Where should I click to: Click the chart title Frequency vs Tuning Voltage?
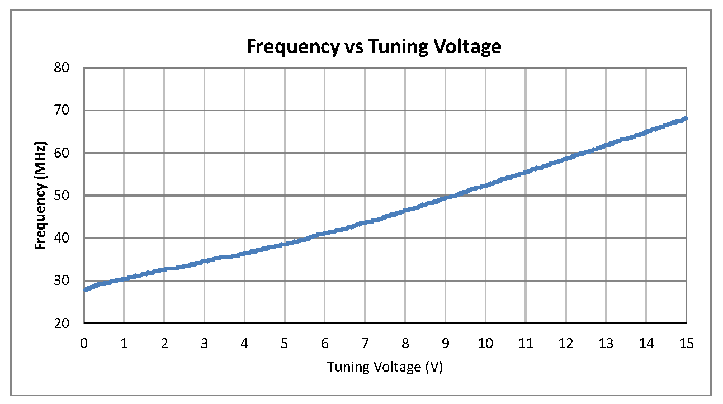(374, 47)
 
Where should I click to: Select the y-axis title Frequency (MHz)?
(40, 196)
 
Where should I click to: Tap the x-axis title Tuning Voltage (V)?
(385, 367)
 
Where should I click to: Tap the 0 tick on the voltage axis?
(84, 343)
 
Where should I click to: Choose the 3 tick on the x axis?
(204, 343)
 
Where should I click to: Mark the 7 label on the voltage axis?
(365, 343)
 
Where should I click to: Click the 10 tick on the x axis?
(485, 343)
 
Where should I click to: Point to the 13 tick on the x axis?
(606, 343)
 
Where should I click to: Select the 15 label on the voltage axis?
(686, 343)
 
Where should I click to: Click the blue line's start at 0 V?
(84, 289)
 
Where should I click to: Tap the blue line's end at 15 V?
(686, 118)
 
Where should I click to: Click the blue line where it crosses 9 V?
(445, 197)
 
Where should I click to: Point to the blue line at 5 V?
(285, 244)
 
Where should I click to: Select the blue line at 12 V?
(566, 159)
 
